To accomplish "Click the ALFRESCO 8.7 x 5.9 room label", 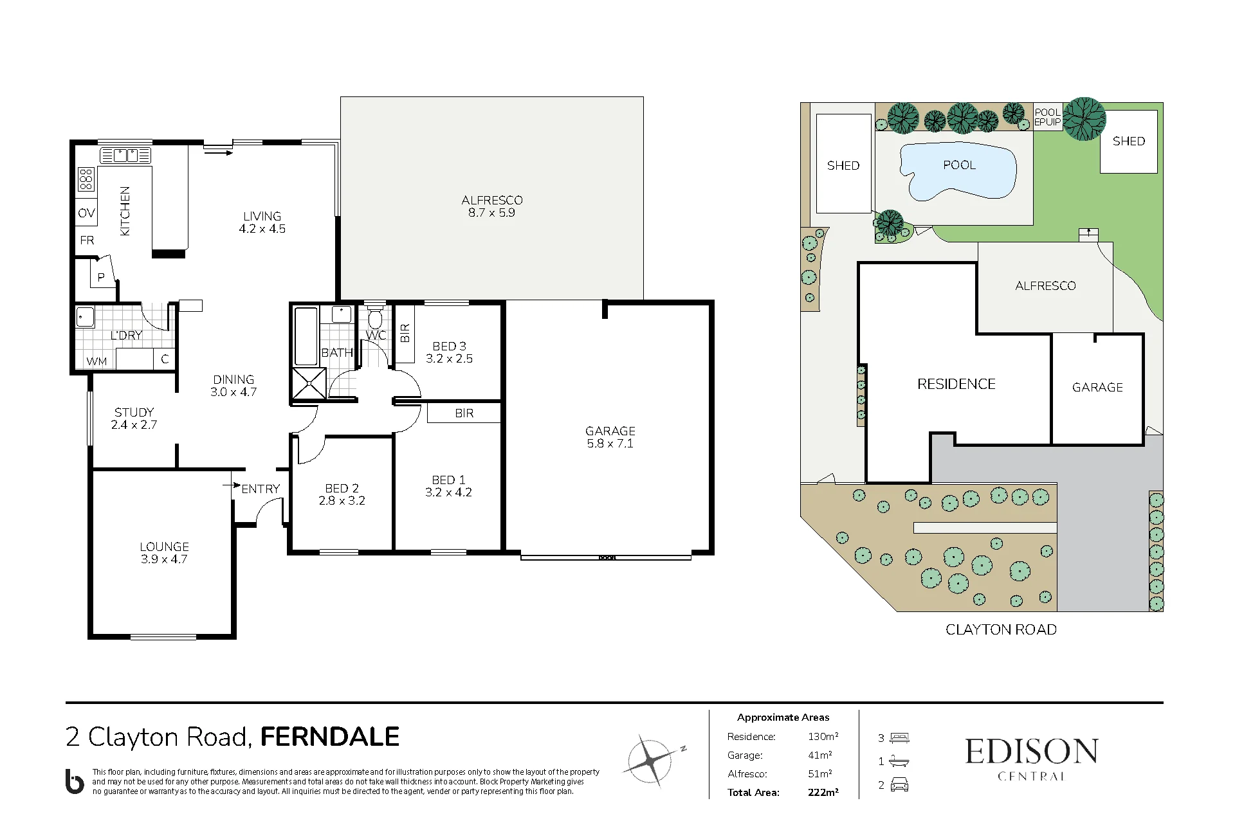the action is click(x=492, y=206).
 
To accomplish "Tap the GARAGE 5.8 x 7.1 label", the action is click(x=610, y=437).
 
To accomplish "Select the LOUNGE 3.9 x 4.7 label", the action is click(x=164, y=553).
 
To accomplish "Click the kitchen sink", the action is click(x=125, y=155).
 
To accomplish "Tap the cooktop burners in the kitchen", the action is click(x=86, y=179).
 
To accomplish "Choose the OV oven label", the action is click(x=86, y=213).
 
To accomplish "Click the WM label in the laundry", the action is click(x=96, y=361).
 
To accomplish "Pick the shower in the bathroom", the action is click(x=309, y=384).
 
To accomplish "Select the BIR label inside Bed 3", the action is click(x=405, y=333).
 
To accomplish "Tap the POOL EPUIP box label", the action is click(x=1047, y=117).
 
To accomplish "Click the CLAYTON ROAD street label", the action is click(x=1001, y=630).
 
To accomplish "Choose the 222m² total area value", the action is click(x=823, y=792).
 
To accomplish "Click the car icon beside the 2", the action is click(x=899, y=785).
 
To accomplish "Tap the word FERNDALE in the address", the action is click(x=330, y=737).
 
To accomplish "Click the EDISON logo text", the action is click(x=1032, y=752).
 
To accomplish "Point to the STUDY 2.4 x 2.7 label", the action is click(x=134, y=419).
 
